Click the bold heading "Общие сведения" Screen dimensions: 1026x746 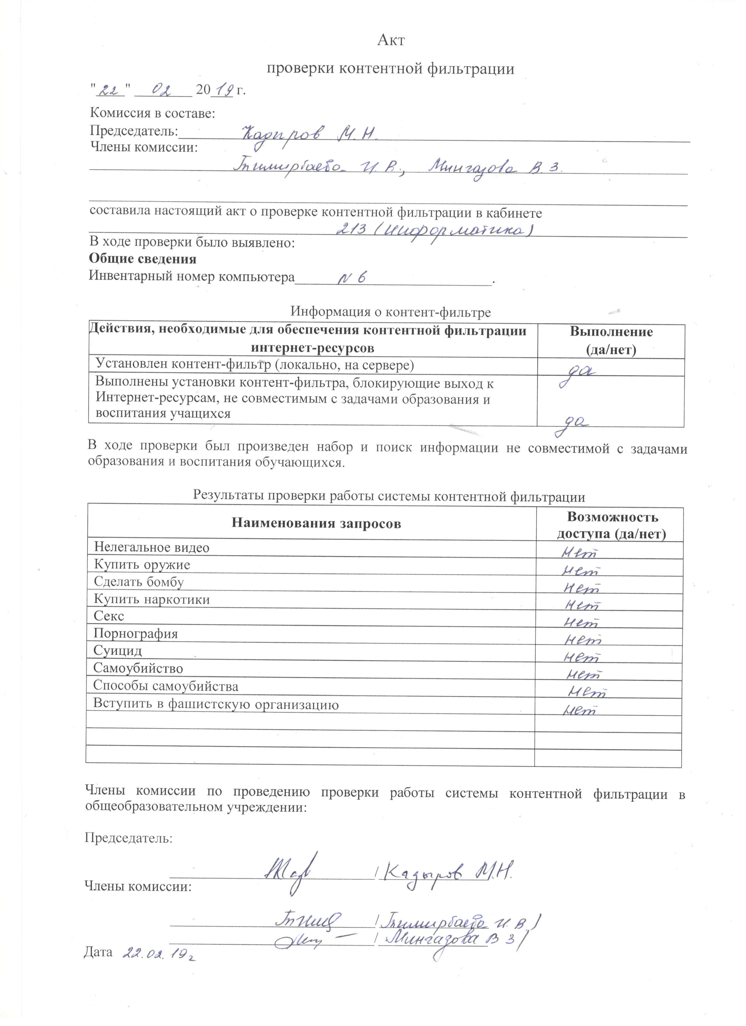(x=142, y=259)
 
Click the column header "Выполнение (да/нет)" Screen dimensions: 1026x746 (x=611, y=340)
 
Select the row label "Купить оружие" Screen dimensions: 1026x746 (x=142, y=565)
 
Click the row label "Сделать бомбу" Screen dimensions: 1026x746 (x=138, y=582)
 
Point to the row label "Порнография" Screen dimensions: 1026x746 (x=136, y=633)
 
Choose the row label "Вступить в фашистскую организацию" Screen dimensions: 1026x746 (x=216, y=704)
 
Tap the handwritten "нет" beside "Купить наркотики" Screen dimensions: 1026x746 (x=584, y=605)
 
